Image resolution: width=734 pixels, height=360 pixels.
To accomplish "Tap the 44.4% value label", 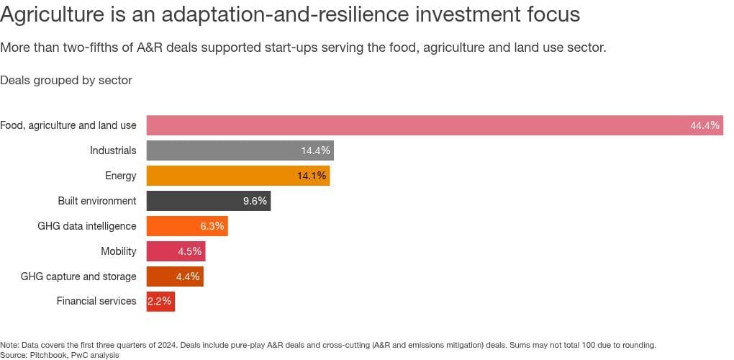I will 704,125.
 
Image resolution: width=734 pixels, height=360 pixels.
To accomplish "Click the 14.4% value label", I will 315,150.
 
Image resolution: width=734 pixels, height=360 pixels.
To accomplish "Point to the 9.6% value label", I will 255,201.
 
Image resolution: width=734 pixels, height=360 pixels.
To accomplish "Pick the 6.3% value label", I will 212,226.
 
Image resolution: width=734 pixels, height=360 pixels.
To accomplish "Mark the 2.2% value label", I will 159,301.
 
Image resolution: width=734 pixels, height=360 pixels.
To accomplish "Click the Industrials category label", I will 113,150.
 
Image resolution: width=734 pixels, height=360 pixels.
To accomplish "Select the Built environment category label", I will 97,201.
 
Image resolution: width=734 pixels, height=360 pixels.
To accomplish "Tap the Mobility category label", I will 119,251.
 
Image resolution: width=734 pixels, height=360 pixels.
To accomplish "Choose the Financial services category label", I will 96,301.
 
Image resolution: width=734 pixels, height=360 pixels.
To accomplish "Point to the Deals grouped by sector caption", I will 66,80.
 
